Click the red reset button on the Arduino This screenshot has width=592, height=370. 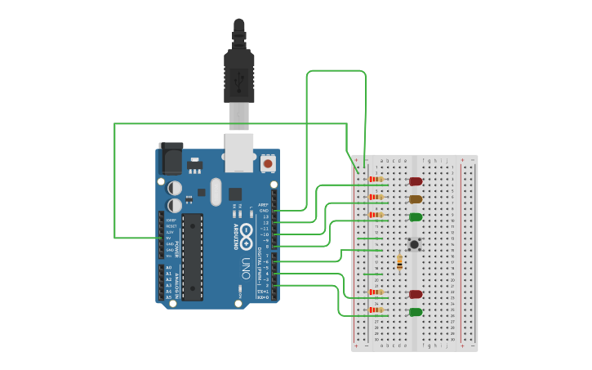[x=267, y=164]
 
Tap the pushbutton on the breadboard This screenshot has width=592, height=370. [x=414, y=244]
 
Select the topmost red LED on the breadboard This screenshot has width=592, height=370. [x=415, y=181]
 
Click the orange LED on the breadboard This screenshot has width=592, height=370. [x=415, y=198]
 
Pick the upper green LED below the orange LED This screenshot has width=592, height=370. [x=415, y=216]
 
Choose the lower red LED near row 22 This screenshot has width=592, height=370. [x=415, y=294]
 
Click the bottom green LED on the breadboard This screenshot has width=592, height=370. [x=415, y=312]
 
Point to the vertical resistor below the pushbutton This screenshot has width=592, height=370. [x=398, y=262]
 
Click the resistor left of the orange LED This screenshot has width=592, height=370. [x=376, y=197]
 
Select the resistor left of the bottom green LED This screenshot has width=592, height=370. [x=376, y=310]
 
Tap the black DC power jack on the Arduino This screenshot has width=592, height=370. [x=171, y=158]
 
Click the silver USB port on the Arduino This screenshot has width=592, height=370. [x=238, y=154]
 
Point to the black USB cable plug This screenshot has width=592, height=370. [x=238, y=78]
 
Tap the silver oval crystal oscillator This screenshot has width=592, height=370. [x=215, y=193]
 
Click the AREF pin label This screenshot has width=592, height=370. [x=263, y=204]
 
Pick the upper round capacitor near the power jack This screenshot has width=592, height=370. [x=175, y=188]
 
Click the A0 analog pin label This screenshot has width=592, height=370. [x=169, y=267]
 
